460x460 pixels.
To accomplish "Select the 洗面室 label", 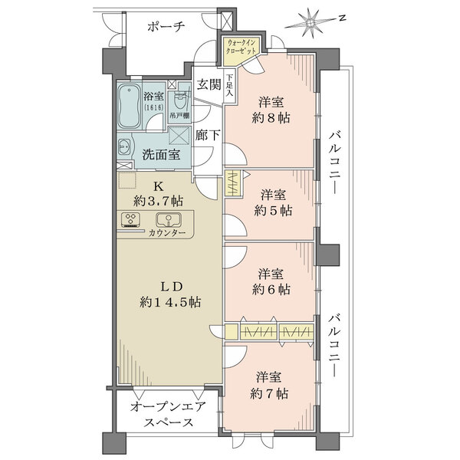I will pyautogui.click(x=161, y=153).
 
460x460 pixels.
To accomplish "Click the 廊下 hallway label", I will pyautogui.click(x=207, y=134).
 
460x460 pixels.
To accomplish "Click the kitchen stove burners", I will pyautogui.click(x=131, y=221).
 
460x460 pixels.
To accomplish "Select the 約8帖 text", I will pyautogui.click(x=274, y=118).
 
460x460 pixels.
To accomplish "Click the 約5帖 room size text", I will pyautogui.click(x=274, y=209).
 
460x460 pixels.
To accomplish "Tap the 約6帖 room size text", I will pyautogui.click(x=274, y=289).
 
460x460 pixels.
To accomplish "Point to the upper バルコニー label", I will pyautogui.click(x=334, y=161).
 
